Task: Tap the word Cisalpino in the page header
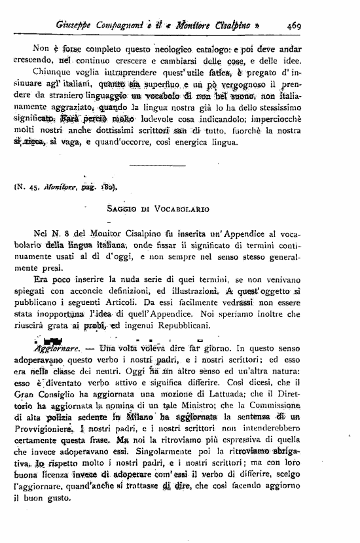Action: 228,26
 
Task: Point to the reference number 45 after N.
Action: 42,191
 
